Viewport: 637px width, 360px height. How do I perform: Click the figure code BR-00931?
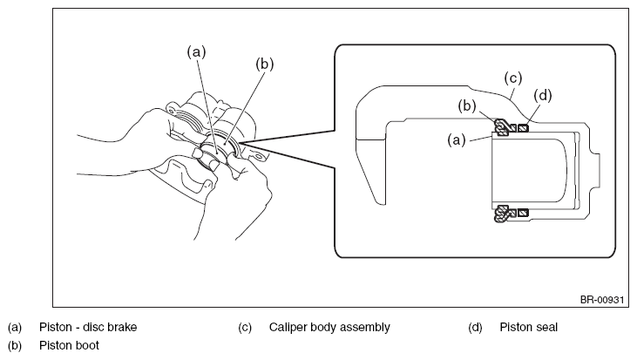pyautogui.click(x=601, y=300)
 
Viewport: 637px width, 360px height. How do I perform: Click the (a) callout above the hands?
pyautogui.click(x=197, y=52)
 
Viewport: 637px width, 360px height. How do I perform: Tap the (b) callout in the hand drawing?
pyautogui.click(x=265, y=65)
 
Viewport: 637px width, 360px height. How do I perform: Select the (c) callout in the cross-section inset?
pyautogui.click(x=513, y=78)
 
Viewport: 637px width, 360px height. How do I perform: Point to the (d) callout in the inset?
pyautogui.click(x=543, y=96)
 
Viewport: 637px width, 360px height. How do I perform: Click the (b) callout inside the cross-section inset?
pyautogui.click(x=467, y=106)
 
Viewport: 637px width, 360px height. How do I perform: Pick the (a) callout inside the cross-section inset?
pyautogui.click(x=457, y=140)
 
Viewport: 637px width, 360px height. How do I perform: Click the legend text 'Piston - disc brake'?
pyautogui.click(x=88, y=327)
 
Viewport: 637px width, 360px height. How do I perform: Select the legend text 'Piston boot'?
pyautogui.click(x=69, y=345)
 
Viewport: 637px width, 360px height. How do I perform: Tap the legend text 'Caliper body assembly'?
pyautogui.click(x=329, y=328)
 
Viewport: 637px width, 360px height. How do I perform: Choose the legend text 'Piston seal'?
pyautogui.click(x=529, y=327)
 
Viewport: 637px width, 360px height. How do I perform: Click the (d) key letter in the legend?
pyautogui.click(x=475, y=327)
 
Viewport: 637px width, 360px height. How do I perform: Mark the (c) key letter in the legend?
pyautogui.click(x=245, y=327)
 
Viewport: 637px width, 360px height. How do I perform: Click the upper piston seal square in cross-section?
pyautogui.click(x=524, y=128)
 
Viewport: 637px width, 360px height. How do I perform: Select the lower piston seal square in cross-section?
pyautogui.click(x=524, y=213)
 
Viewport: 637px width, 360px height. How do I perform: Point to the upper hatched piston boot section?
pyautogui.click(x=503, y=127)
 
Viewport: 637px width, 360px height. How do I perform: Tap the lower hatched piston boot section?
pyautogui.click(x=503, y=214)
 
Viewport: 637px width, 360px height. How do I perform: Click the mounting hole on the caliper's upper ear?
pyautogui.click(x=173, y=110)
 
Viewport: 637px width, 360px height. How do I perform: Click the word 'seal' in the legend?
pyautogui.click(x=547, y=327)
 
